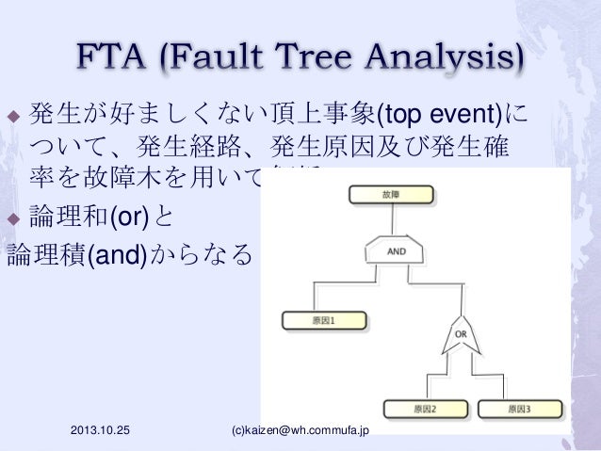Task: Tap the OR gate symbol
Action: click(x=463, y=337)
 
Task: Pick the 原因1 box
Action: click(x=323, y=320)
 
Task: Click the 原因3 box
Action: click(x=517, y=410)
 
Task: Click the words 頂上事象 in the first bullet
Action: click(x=315, y=117)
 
